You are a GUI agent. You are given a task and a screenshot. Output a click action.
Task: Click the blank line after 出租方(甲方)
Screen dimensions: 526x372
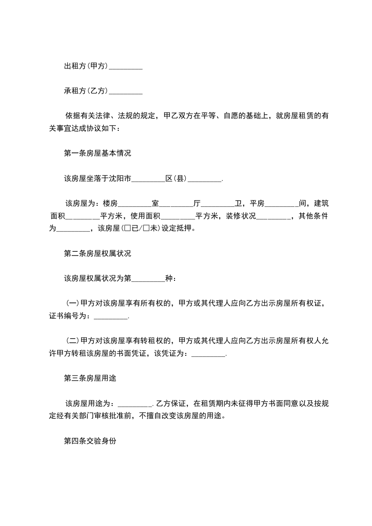(125, 67)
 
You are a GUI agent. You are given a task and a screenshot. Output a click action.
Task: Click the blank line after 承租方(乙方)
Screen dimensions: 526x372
(125, 91)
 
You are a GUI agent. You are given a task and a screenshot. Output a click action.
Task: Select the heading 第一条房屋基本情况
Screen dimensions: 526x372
(97, 153)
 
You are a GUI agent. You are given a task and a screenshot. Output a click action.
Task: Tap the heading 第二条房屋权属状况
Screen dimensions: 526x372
(97, 254)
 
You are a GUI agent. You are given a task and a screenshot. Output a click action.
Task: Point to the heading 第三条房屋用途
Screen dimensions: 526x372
(90, 379)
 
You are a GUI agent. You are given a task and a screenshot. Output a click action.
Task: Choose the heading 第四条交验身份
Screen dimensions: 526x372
(90, 441)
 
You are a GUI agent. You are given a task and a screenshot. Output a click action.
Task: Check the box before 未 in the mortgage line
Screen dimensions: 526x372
(146, 229)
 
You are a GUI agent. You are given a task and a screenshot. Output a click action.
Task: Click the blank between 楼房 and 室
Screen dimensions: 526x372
(135, 203)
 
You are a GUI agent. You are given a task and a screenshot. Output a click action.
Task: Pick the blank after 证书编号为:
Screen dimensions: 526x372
(111, 316)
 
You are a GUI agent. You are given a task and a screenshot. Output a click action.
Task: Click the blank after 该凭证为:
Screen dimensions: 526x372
(209, 354)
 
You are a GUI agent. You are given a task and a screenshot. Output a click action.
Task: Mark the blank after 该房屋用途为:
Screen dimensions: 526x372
(135, 404)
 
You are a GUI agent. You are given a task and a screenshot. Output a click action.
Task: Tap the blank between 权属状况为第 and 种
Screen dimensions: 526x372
(149, 278)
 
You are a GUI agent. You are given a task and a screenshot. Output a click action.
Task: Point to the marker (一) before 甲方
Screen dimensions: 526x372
(73, 304)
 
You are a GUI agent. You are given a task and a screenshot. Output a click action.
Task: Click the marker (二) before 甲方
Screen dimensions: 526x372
(73, 341)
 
